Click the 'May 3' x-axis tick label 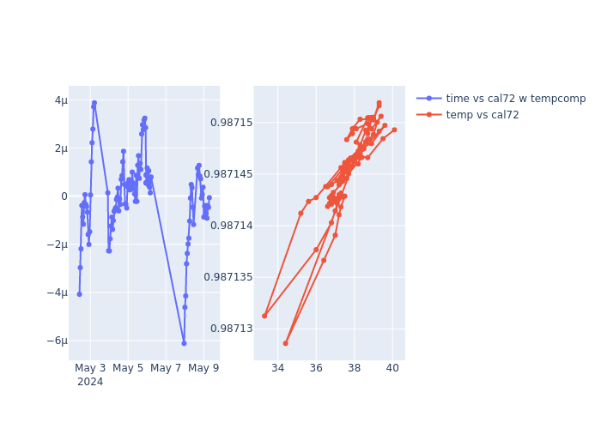[x=90, y=369]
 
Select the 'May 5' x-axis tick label [x=128, y=369]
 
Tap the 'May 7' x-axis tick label [x=166, y=369]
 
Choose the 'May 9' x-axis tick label [x=203, y=369]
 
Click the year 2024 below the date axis [x=90, y=383]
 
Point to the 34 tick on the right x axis [x=277, y=369]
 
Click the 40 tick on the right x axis [x=392, y=369]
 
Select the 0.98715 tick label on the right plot [x=232, y=123]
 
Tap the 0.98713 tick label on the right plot [x=232, y=329]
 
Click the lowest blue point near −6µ [x=184, y=343]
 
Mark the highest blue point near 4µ [x=94, y=103]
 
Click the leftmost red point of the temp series [x=264, y=316]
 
